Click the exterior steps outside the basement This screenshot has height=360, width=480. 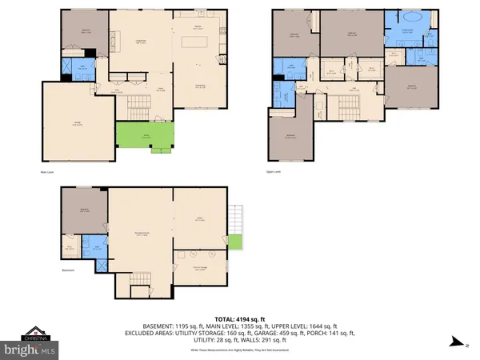(x=234, y=217)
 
